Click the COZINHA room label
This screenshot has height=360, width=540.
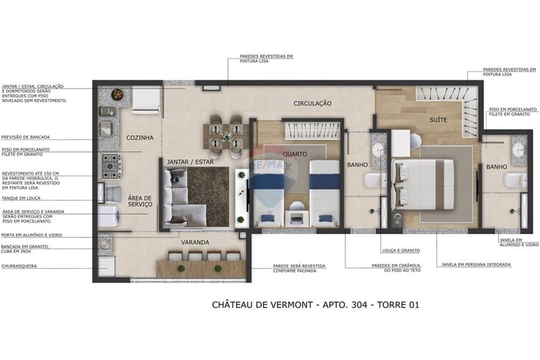(x=140, y=138)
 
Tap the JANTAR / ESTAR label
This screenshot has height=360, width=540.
(x=190, y=161)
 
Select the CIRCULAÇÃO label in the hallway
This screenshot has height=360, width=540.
(x=312, y=103)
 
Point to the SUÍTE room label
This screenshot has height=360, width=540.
(x=438, y=120)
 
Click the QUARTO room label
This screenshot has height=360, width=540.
(x=295, y=154)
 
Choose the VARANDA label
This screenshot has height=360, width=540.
(x=195, y=242)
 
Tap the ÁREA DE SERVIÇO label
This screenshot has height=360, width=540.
(x=140, y=201)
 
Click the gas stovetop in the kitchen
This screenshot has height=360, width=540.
(x=112, y=166)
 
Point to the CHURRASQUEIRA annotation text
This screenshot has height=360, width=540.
(x=19, y=266)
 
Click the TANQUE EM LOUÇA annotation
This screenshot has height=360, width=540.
(x=21, y=198)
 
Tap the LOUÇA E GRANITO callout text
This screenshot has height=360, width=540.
(x=400, y=250)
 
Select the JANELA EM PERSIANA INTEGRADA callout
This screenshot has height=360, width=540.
(x=476, y=264)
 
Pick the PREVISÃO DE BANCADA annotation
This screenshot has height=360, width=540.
(x=25, y=137)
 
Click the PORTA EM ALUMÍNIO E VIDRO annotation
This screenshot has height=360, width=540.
(x=32, y=235)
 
